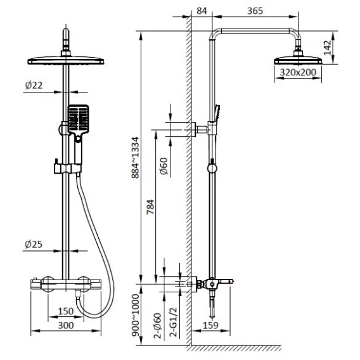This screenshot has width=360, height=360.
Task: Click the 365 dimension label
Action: (x=255, y=11)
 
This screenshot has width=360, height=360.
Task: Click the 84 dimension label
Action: (x=202, y=11)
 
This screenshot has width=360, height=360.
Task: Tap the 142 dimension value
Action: (x=328, y=48)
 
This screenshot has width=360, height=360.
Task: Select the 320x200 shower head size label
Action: (x=298, y=72)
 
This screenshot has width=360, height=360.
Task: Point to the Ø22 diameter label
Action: (x=34, y=85)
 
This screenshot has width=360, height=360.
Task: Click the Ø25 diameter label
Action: (x=34, y=244)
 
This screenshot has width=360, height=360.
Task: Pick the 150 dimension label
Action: (x=66, y=311)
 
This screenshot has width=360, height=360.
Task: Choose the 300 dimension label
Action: (x=66, y=325)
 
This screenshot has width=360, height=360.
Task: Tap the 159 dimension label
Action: (x=210, y=325)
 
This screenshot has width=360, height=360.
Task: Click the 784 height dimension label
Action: (x=151, y=207)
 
